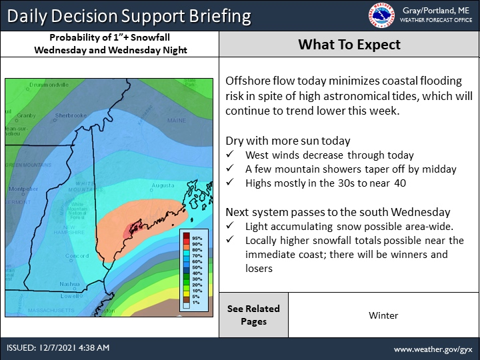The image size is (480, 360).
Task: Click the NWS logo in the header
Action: coord(381,15)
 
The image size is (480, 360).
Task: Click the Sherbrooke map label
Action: coord(71,115)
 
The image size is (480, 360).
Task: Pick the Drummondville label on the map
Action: coord(44,85)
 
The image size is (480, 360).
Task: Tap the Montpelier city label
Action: coord(22,189)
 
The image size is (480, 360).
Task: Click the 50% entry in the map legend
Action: coord(197,267)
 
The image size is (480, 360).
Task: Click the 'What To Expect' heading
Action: coord(349,45)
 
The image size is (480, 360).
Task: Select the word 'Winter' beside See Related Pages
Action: coord(383,315)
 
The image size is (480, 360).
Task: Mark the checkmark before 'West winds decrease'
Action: coord(230,155)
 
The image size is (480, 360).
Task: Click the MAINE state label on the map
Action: coord(177,121)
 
